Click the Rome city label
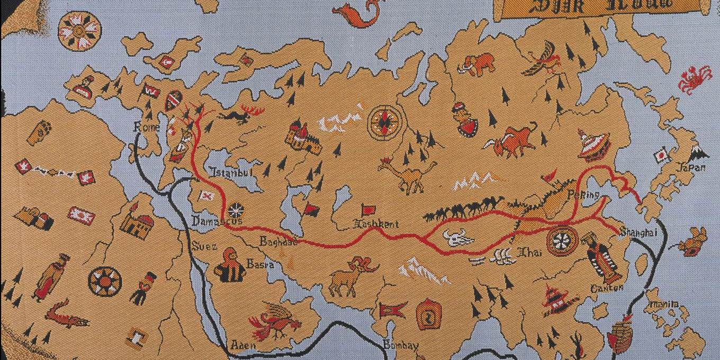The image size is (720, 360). coord(143,127)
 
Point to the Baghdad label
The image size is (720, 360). coord(278,242)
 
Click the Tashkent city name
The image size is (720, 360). coord(376,224)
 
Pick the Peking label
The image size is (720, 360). coord(583,195)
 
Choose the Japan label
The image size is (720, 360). coord(691,168)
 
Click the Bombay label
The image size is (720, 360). coord(401,345)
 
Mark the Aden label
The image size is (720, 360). coord(243,345)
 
